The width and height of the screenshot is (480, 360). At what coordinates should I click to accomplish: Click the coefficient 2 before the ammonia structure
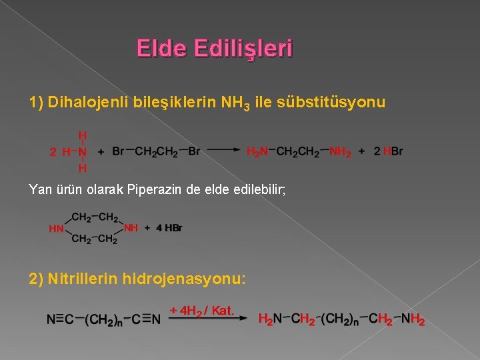54,151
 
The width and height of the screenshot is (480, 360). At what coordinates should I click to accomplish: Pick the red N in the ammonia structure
82,151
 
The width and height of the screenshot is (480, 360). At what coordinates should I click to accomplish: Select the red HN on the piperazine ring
57,229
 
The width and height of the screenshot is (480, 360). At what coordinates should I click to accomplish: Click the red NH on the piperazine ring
131,227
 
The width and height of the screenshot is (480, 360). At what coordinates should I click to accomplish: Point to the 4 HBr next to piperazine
169,228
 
